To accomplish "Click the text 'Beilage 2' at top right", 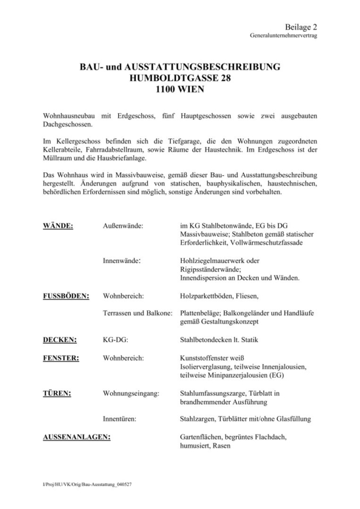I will point(301,27).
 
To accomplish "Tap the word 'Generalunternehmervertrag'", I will point(284,35).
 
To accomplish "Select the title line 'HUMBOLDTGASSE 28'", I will point(180,78).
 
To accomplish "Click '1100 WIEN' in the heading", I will point(180,89).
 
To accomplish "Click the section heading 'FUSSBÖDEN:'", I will point(67,295).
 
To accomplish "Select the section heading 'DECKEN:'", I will point(61,339).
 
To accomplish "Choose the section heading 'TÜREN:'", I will point(57,392).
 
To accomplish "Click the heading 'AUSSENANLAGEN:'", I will point(77,437).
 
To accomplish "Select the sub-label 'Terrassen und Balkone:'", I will point(138,313).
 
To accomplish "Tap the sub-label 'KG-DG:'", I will point(115,339).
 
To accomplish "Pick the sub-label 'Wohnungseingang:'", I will point(131,392).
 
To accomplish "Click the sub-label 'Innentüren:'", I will point(119,419).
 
